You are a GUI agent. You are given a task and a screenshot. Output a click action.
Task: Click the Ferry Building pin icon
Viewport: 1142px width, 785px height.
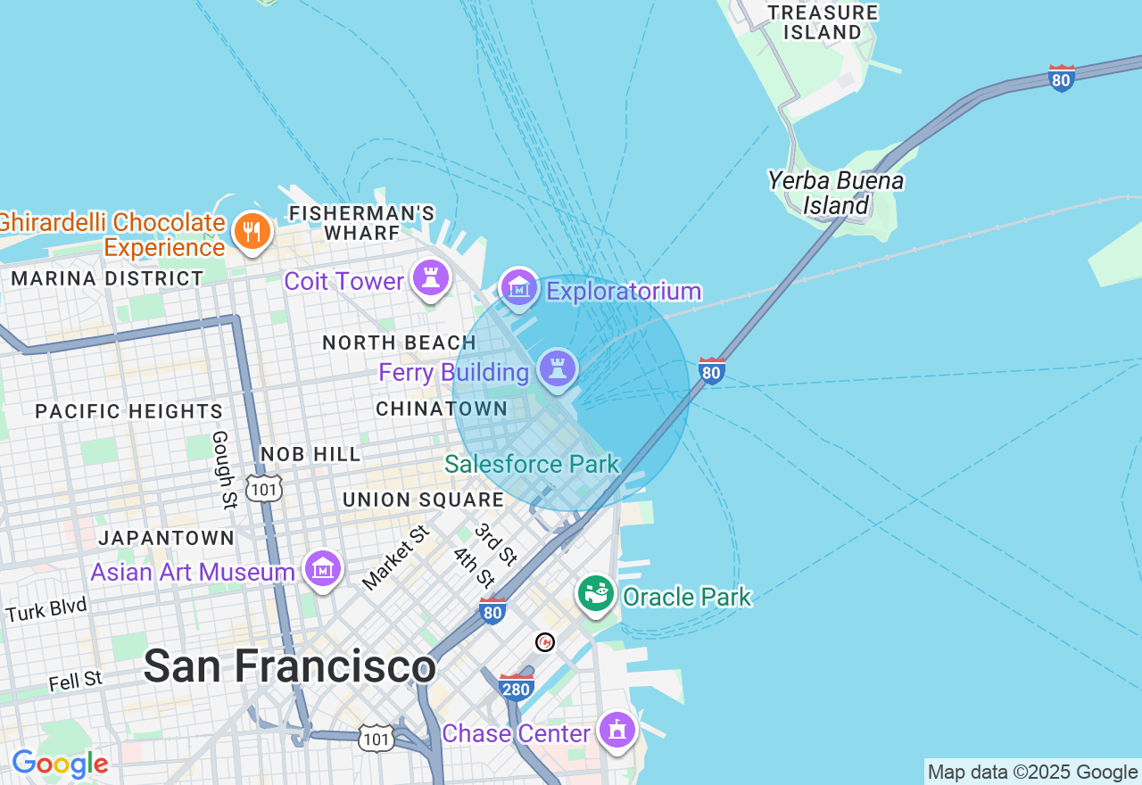pyautogui.click(x=558, y=369)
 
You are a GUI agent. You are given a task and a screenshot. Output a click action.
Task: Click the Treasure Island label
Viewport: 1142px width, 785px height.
pyautogui.click(x=823, y=22)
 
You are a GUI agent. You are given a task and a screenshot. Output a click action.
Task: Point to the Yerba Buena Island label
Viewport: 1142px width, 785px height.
pyautogui.click(x=836, y=193)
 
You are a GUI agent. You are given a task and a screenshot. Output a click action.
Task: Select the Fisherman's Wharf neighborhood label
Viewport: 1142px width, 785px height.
pyautogui.click(x=362, y=223)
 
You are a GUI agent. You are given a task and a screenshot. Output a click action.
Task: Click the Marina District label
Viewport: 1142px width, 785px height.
pyautogui.click(x=108, y=278)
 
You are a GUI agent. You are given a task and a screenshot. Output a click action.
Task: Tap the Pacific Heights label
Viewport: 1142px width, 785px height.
pyautogui.click(x=129, y=411)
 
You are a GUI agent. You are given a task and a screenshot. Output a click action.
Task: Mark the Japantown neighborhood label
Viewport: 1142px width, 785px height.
pyautogui.click(x=167, y=538)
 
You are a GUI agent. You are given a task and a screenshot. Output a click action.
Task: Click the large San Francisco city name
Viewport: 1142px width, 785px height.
pyautogui.click(x=290, y=666)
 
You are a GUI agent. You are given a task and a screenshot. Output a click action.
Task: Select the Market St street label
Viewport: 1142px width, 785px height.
pyautogui.click(x=395, y=558)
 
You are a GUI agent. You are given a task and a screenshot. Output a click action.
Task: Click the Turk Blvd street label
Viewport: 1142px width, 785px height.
pyautogui.click(x=46, y=610)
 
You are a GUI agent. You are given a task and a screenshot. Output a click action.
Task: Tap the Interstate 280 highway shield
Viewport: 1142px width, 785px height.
pyautogui.click(x=517, y=687)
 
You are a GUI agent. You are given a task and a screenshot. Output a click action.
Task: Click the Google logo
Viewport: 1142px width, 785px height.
pyautogui.click(x=60, y=764)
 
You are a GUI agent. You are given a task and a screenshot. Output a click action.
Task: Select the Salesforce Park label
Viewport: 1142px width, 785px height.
pyautogui.click(x=532, y=464)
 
